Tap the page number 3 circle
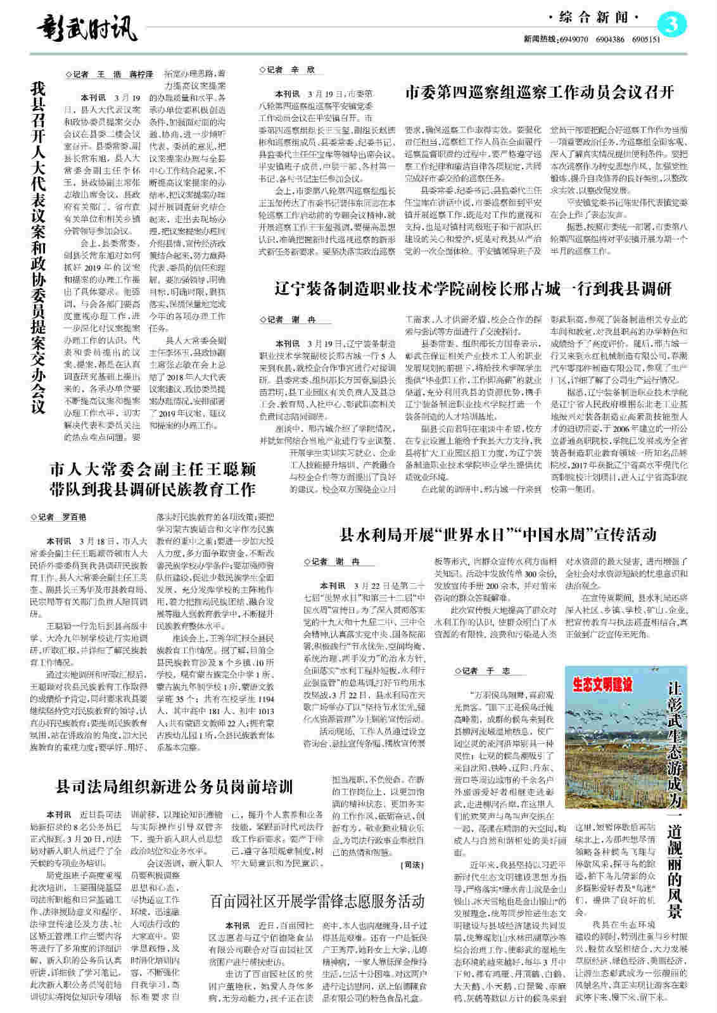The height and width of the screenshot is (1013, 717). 673,25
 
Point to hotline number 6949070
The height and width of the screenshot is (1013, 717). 574,39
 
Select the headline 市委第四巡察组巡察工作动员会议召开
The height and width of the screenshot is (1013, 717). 539,92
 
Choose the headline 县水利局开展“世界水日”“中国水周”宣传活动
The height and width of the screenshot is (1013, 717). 498,534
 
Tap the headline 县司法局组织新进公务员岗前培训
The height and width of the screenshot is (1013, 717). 175,787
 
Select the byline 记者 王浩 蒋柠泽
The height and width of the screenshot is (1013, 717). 110,74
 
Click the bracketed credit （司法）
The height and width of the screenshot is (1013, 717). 412,864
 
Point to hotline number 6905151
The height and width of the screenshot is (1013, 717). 645,39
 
